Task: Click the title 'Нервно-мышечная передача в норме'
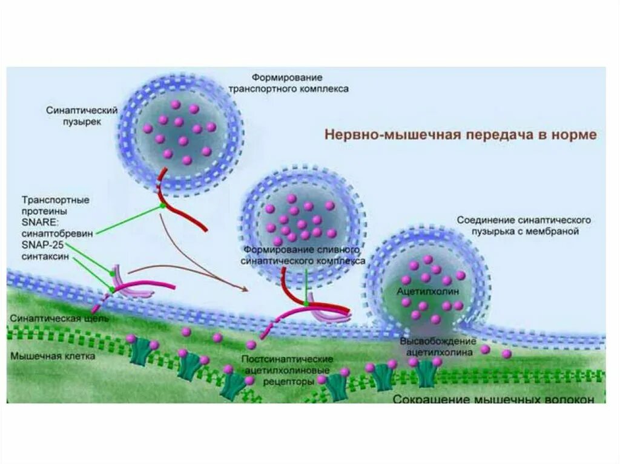tap(461, 134)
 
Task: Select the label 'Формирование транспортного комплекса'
tap(288, 83)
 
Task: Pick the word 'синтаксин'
tap(45, 257)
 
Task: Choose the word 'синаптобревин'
tap(57, 234)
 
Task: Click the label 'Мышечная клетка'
tap(53, 356)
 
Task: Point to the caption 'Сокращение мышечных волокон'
tap(498, 399)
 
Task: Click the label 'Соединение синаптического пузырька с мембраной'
tap(523, 225)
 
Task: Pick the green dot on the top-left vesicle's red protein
tap(162, 206)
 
